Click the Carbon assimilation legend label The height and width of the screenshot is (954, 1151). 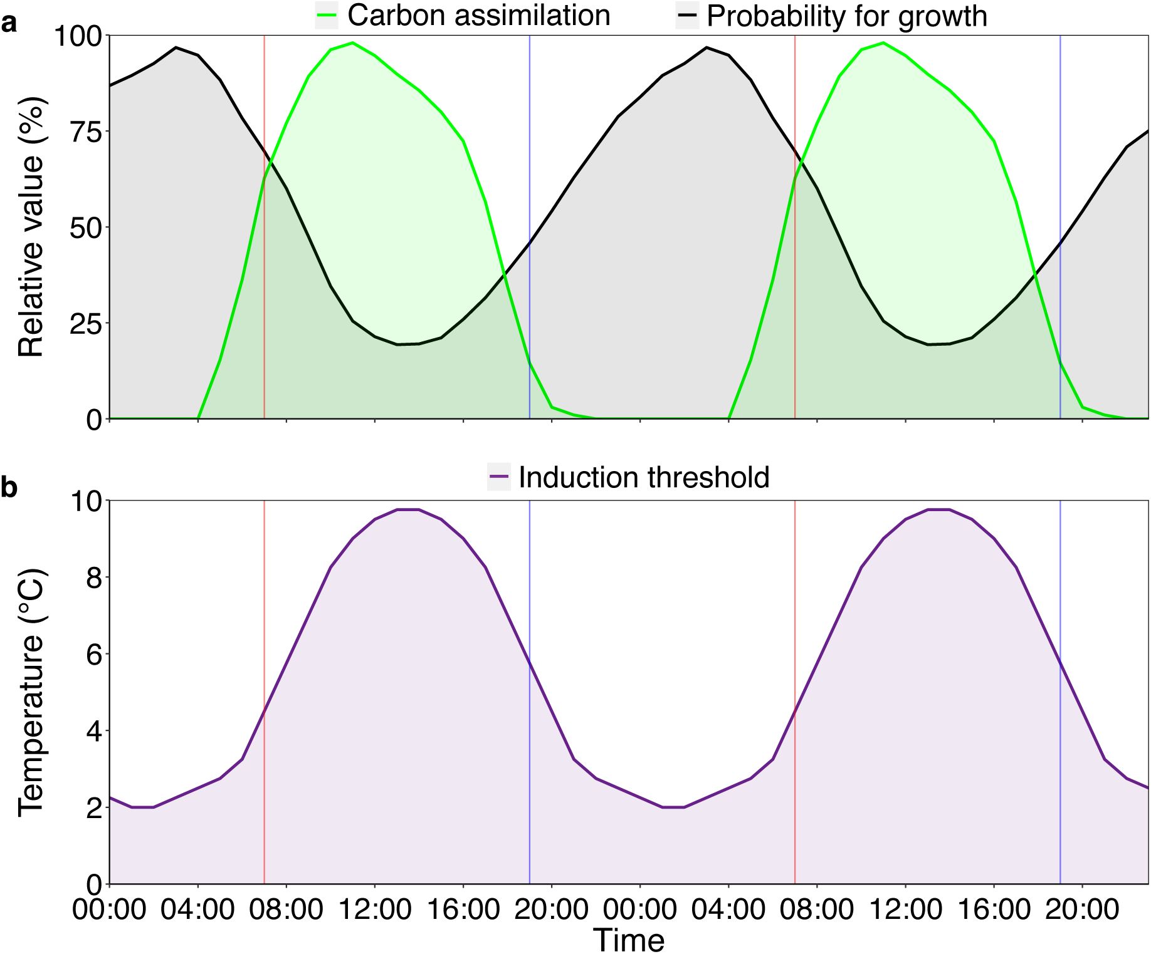[478, 16]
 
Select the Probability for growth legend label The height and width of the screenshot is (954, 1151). [846, 16]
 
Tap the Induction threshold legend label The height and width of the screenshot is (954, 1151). [644, 477]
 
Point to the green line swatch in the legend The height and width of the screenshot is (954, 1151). [327, 16]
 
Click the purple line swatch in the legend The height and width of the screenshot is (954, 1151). [499, 477]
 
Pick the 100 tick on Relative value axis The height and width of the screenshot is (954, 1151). [78, 36]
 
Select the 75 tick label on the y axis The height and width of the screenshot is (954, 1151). [86, 132]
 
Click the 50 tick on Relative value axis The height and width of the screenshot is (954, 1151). [86, 228]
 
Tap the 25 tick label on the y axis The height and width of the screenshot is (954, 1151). [86, 324]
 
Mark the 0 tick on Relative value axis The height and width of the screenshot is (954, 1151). [94, 420]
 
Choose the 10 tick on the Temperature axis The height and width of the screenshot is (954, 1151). [86, 501]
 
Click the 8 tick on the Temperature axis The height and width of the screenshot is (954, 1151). [94, 578]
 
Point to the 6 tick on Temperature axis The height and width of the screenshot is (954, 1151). [94, 655]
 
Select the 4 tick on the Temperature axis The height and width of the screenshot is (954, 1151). [94, 731]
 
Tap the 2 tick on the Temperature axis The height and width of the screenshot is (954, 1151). [94, 808]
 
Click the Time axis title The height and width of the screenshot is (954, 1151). [629, 940]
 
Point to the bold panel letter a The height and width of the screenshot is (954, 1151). [9, 24]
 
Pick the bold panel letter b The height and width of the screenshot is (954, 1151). [9, 487]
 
